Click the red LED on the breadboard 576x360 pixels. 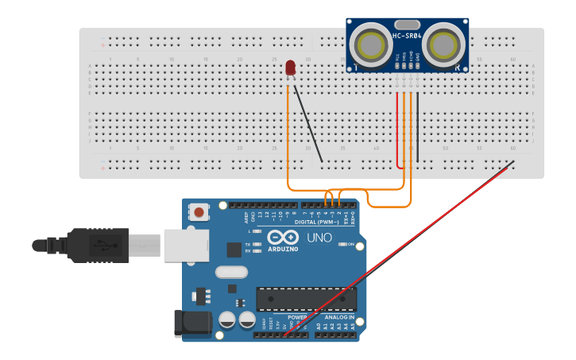[290, 68]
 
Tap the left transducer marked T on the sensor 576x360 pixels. [371, 45]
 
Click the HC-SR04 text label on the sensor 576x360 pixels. [407, 36]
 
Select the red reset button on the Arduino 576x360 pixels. [199, 211]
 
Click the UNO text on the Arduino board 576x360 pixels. [319, 238]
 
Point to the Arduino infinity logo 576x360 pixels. [282, 238]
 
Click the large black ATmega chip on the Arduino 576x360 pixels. [306, 300]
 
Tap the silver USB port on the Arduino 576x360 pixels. [186, 246]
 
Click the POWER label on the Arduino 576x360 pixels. [296, 317]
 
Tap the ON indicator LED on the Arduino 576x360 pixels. [342, 244]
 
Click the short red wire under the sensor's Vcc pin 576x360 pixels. [397, 131]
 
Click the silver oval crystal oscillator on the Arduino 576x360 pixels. [231, 272]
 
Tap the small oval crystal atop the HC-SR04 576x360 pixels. [407, 25]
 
